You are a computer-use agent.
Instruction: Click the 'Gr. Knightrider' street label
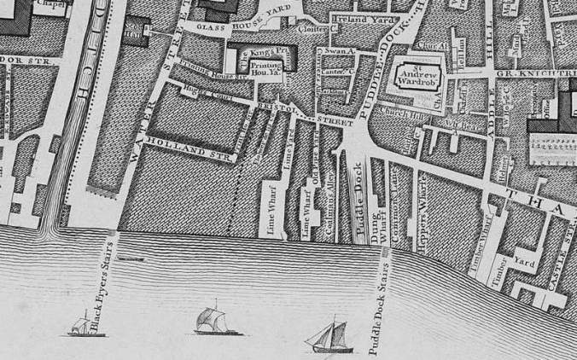pos(538,75)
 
